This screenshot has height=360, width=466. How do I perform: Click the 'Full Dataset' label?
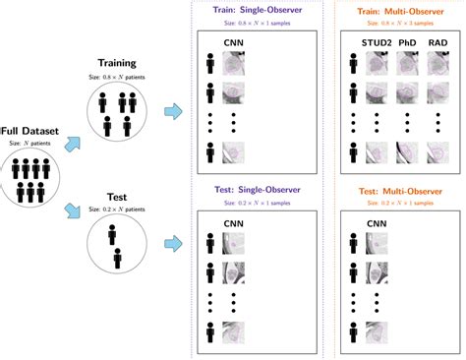tap(32, 131)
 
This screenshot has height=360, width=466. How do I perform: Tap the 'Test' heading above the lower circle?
tap(118, 194)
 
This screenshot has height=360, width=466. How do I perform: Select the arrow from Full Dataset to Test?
tap(73, 210)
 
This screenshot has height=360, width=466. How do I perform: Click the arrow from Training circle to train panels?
tap(172, 112)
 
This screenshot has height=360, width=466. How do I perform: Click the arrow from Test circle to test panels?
tap(172, 239)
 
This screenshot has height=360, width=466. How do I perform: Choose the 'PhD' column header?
tap(406, 44)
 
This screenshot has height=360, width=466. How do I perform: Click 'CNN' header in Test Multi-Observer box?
tap(378, 223)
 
